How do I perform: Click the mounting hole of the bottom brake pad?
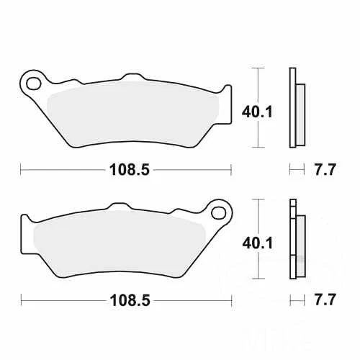tap(218, 212)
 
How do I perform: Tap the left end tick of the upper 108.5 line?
tap(21, 171)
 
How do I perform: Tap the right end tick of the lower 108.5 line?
tap(232, 299)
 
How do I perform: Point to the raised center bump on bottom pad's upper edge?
tap(120, 205)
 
